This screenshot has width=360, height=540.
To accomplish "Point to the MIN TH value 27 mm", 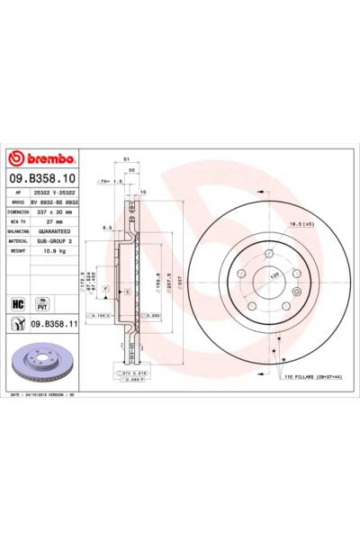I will pyautogui.click(x=53, y=221).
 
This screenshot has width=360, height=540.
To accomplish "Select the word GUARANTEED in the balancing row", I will pyautogui.click(x=60, y=232).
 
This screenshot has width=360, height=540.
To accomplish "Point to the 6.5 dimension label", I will pyautogui.click(x=106, y=228).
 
